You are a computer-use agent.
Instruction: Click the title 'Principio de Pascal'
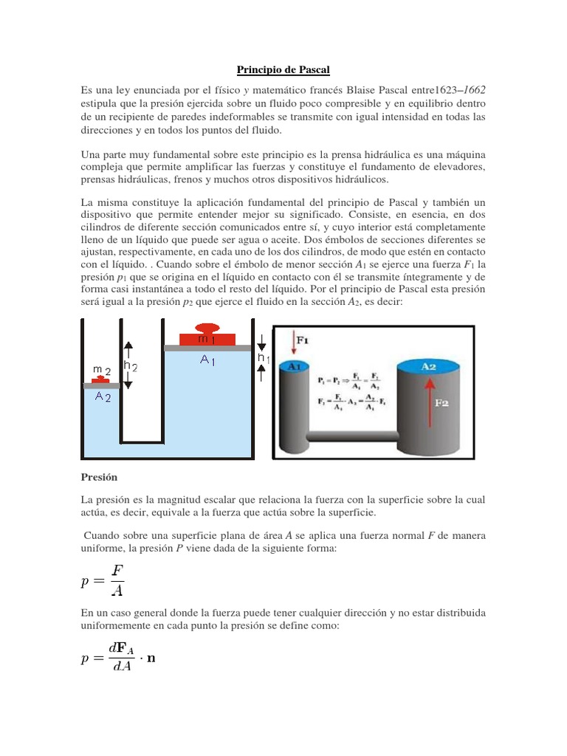[x=283, y=70]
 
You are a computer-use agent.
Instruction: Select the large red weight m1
[x=207, y=337]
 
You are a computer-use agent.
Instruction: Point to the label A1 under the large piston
[x=207, y=360]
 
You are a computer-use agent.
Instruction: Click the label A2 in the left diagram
[x=103, y=396]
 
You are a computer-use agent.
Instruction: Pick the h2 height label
[x=130, y=365]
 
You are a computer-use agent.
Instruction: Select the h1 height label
[x=263, y=357]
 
